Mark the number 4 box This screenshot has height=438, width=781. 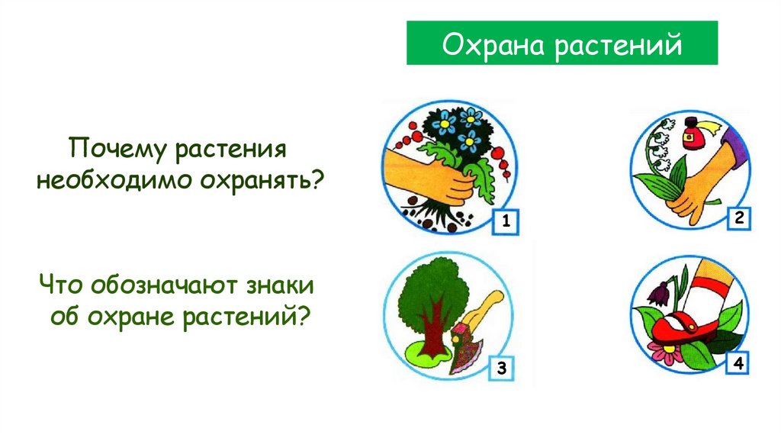click(x=738, y=365)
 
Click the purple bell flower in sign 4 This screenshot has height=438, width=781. click(x=658, y=292)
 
